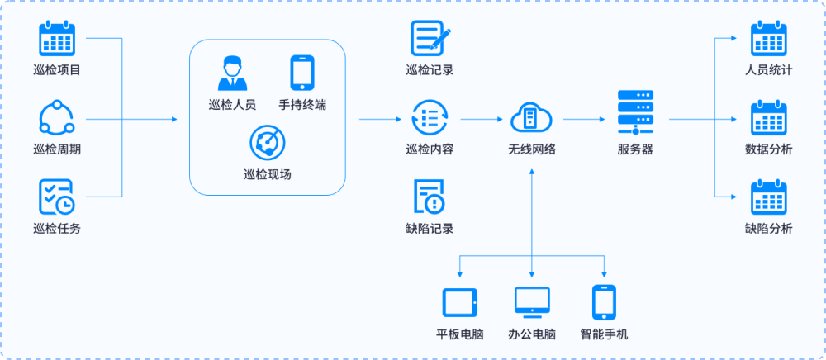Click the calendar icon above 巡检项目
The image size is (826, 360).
[x=57, y=39]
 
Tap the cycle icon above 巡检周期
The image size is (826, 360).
[x=57, y=118]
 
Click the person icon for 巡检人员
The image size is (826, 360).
[x=232, y=73]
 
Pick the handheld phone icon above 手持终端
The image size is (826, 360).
[x=301, y=73]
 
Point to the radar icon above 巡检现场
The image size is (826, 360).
[x=267, y=142]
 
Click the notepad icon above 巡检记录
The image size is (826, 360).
[x=430, y=39]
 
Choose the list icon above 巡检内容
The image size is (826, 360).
[x=430, y=118]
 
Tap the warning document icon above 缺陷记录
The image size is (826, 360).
[x=430, y=197]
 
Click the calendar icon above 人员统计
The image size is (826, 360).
[x=768, y=39]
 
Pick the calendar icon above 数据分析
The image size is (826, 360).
[x=768, y=118]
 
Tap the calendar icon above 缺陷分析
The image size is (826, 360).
[x=768, y=197]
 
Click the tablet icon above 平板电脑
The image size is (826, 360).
[x=460, y=302]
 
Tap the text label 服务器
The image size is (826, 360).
[x=635, y=149]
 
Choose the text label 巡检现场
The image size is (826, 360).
[x=267, y=174]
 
